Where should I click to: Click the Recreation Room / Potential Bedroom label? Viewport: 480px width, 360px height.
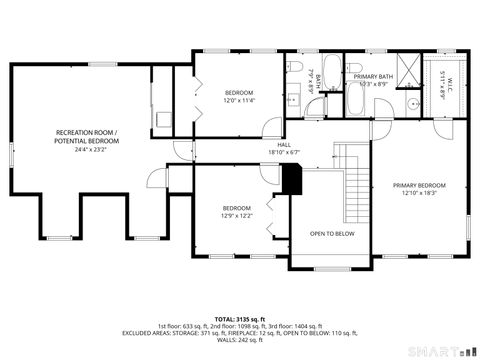point(85,137)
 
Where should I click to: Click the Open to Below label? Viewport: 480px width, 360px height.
point(331,233)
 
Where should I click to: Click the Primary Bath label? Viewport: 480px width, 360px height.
point(372,76)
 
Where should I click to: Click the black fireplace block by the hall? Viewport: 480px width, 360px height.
point(292,181)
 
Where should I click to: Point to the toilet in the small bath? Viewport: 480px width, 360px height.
point(300,67)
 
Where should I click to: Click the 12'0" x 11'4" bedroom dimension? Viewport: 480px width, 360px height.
point(238,100)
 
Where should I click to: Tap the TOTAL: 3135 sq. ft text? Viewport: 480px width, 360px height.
point(240,317)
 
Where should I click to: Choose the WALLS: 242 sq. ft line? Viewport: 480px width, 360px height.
point(240,341)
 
